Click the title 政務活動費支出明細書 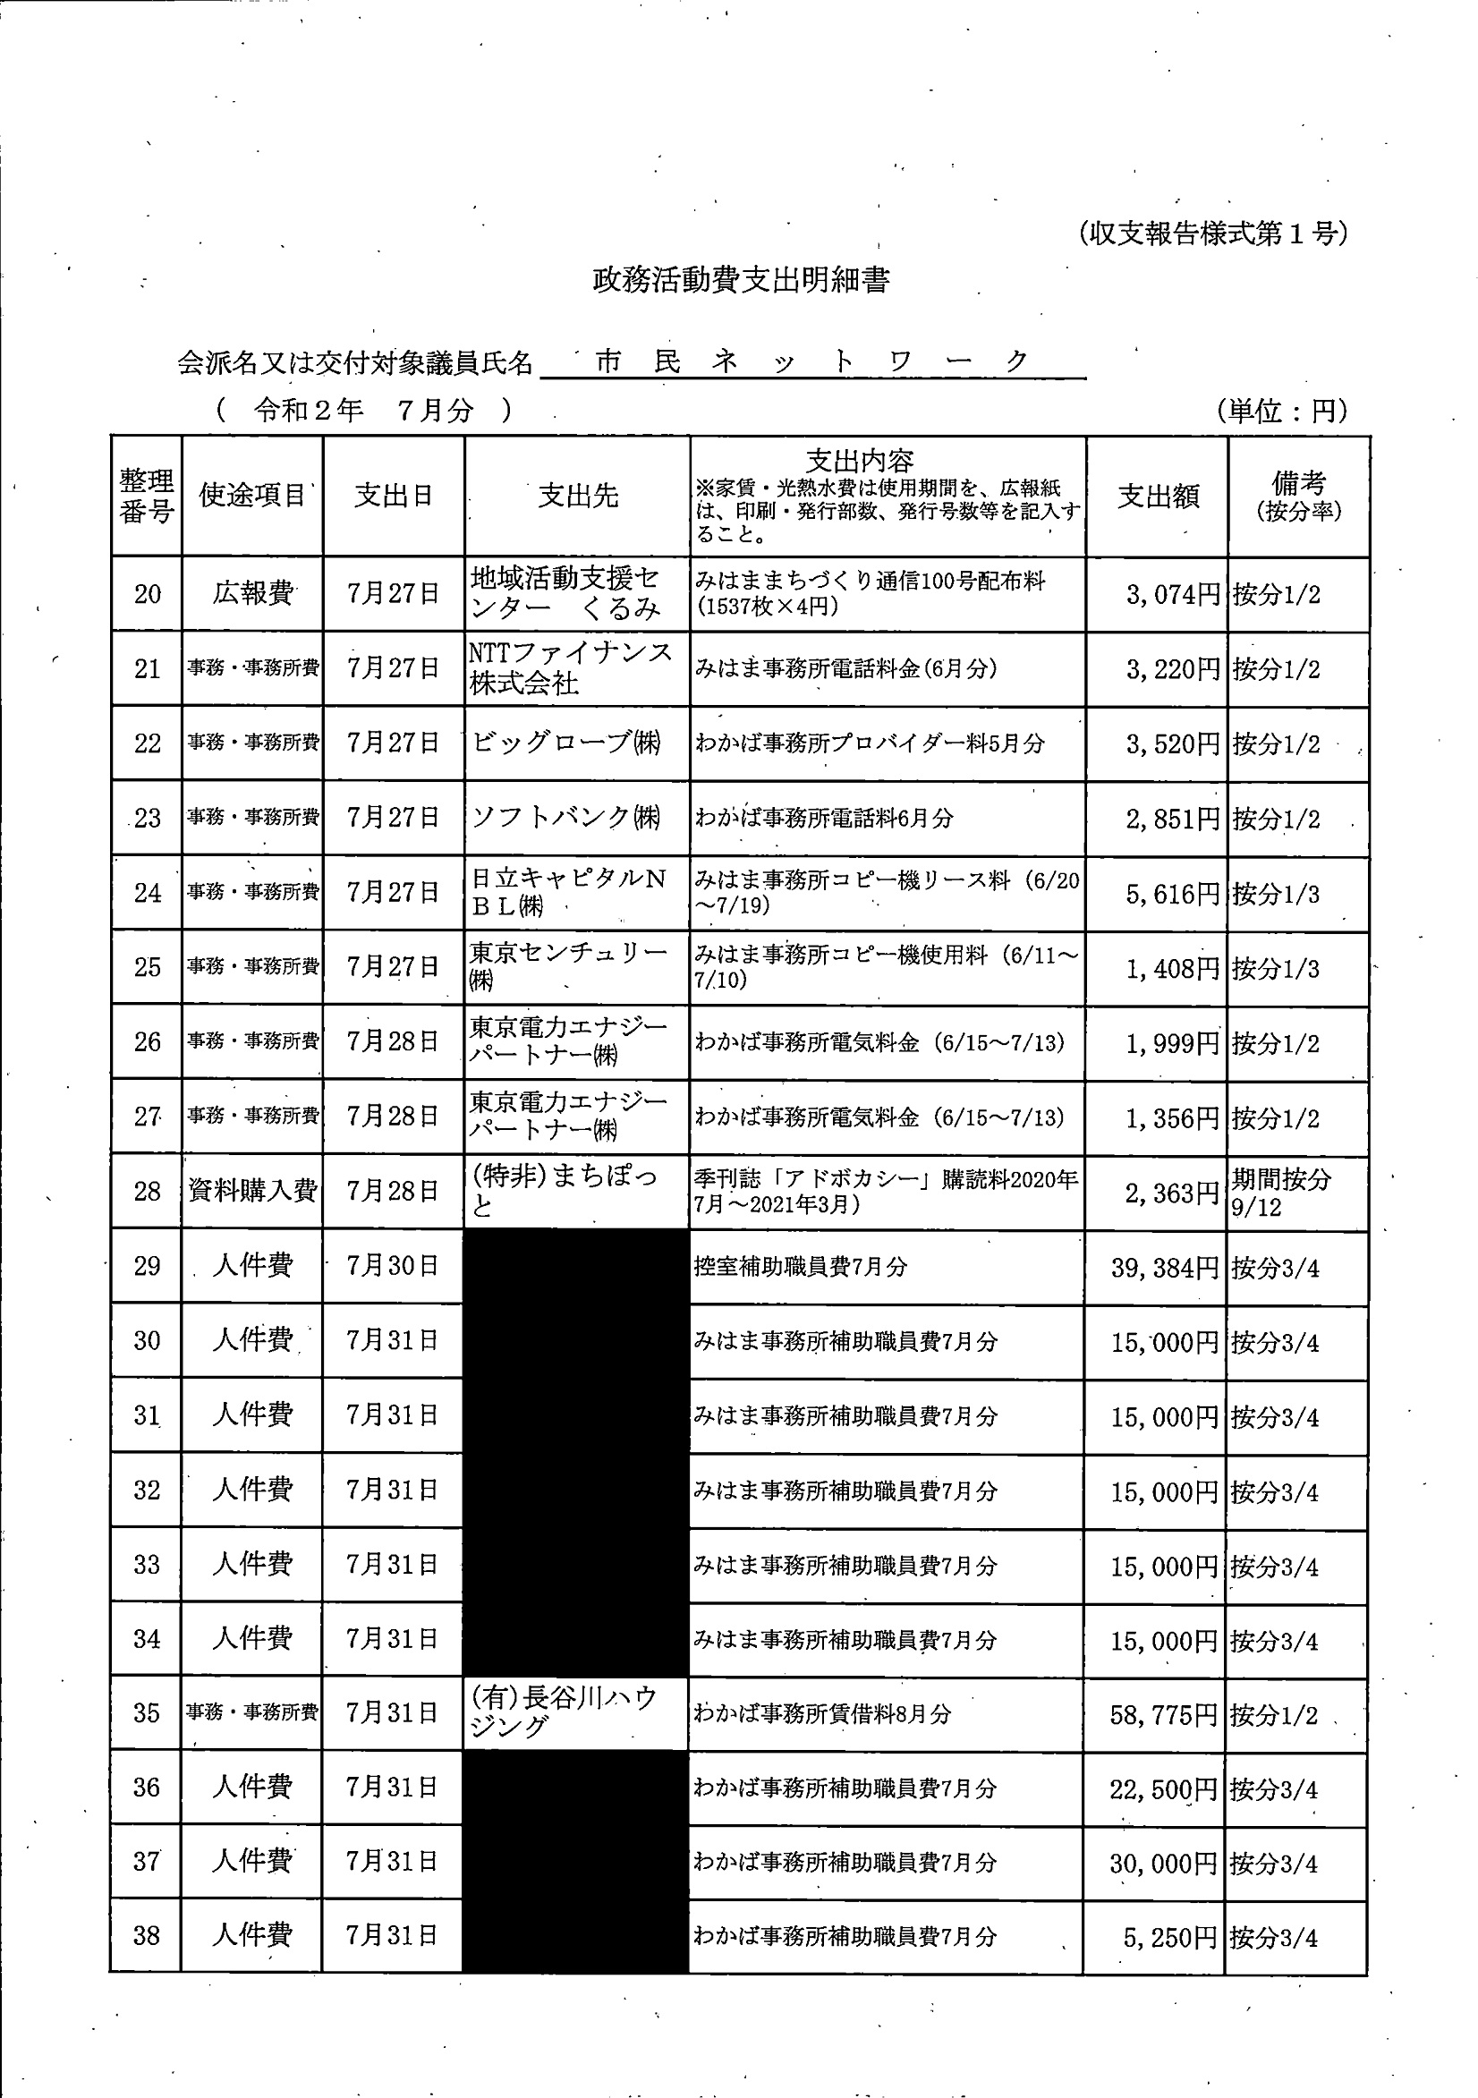click(x=741, y=280)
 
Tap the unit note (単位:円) click(x=1281, y=412)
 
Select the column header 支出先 click(x=578, y=497)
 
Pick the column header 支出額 click(x=1157, y=497)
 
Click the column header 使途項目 click(x=252, y=496)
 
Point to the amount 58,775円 click(x=1164, y=1715)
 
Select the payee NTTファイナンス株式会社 click(x=572, y=668)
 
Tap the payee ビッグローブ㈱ click(x=565, y=743)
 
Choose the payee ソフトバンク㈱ click(x=565, y=817)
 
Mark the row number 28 click(x=147, y=1192)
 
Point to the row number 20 click(x=147, y=595)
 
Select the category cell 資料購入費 click(x=252, y=1191)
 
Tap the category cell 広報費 click(x=252, y=594)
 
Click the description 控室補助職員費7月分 click(x=800, y=1267)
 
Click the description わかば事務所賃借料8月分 click(x=821, y=1714)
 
